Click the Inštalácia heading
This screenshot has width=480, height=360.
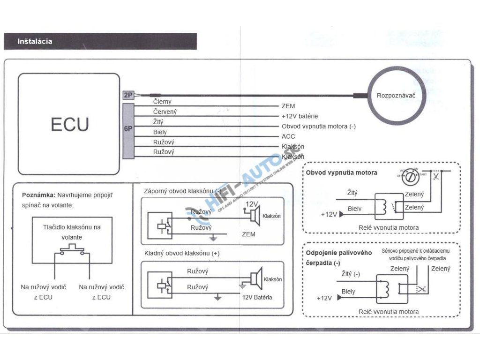35,41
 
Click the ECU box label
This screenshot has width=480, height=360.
69,125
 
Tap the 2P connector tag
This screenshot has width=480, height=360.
128,95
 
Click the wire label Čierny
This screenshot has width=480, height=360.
162,102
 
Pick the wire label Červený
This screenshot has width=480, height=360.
165,112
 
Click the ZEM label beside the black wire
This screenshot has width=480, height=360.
288,106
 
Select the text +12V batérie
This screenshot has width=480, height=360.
300,116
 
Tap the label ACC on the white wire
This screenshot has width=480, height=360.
288,136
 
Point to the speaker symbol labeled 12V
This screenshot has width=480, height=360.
255,215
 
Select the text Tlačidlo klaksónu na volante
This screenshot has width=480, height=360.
72,232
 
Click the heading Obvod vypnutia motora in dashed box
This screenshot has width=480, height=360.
341,172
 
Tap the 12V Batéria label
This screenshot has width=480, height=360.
257,297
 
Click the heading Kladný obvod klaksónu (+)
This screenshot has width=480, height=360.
182,253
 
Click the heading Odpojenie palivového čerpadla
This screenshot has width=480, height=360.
339,257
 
